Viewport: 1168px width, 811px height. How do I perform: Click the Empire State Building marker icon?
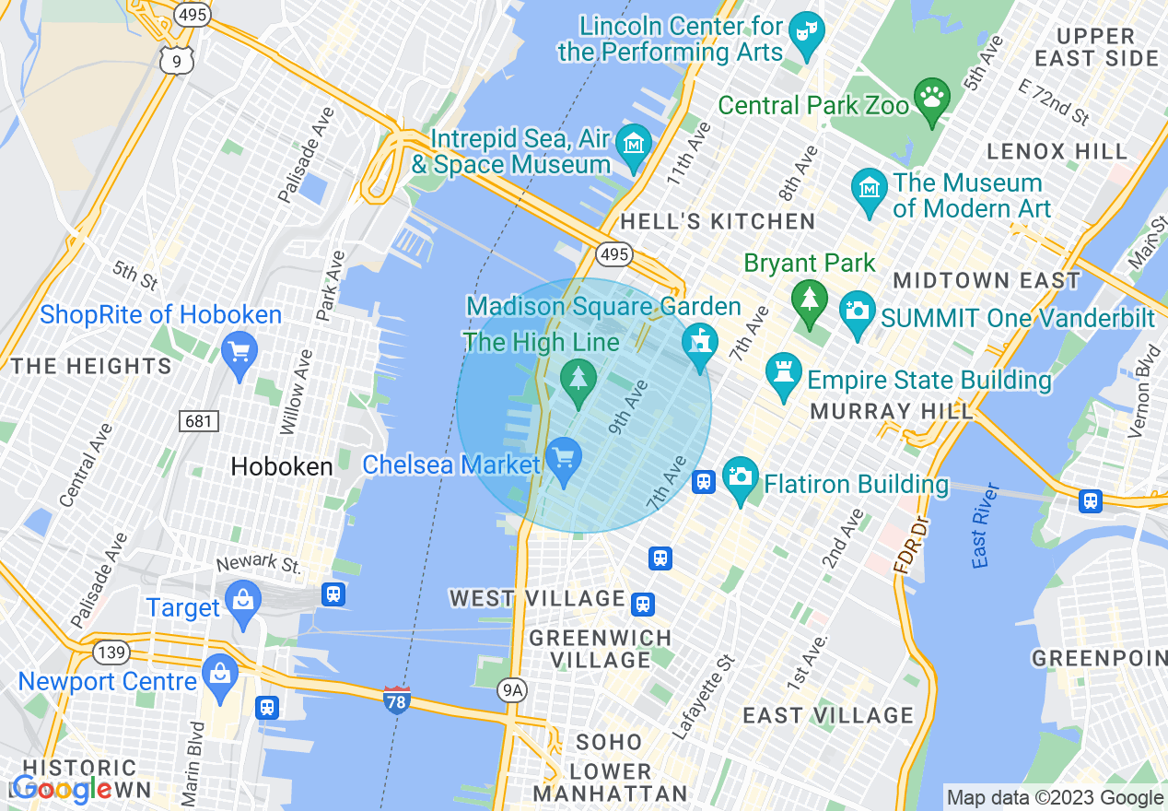pos(783,375)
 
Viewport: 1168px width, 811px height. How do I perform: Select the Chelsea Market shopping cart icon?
pos(563,458)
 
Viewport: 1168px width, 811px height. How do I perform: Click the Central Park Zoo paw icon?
pos(932,98)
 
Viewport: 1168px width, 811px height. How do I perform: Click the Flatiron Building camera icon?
pos(741,478)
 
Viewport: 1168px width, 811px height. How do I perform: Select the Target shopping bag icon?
pos(243,603)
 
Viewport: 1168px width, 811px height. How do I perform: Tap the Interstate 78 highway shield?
pos(396,700)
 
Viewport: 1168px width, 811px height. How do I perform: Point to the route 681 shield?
pos(197,422)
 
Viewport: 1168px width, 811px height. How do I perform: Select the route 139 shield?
pos(110,652)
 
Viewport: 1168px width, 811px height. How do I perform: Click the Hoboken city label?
pos(282,467)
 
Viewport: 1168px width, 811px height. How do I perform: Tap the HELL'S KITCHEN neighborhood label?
pos(718,221)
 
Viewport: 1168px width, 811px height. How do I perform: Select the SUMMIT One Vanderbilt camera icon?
pos(858,311)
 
